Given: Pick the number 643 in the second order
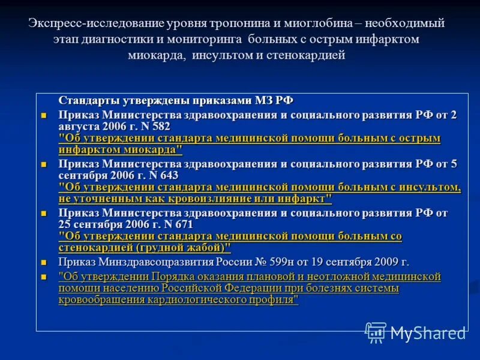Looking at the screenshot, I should click(167, 175).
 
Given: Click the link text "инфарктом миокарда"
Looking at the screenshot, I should click(120, 150).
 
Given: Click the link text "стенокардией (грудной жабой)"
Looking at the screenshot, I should click(145, 248).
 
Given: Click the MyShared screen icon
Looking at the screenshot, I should click(376, 332).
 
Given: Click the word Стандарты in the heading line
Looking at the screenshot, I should click(88, 101).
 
